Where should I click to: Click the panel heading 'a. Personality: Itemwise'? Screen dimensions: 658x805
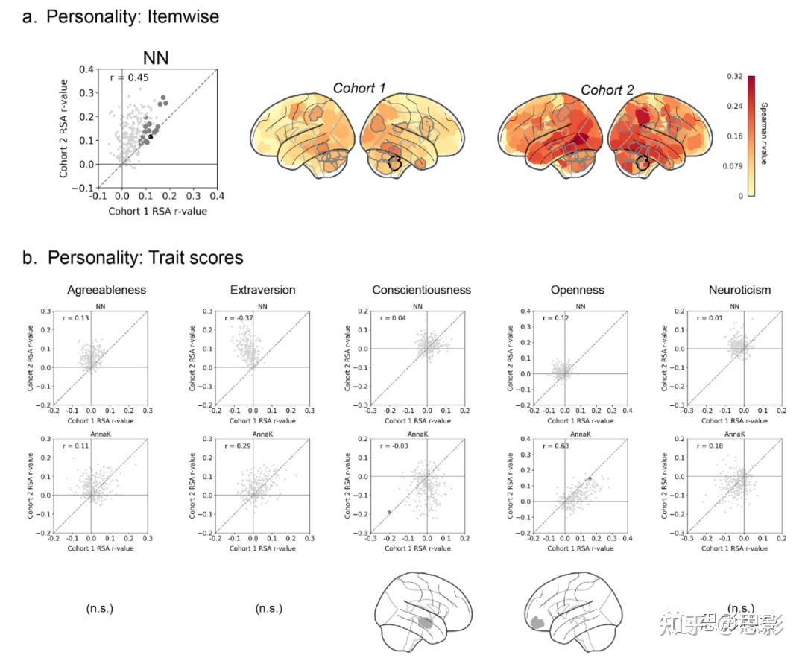coord(121,17)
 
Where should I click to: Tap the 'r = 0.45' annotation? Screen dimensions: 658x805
coord(130,77)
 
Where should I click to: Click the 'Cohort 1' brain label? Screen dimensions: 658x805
coord(359,89)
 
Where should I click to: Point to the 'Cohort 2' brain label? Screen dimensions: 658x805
coord(607,89)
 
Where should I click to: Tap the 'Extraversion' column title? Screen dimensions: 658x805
coord(262,290)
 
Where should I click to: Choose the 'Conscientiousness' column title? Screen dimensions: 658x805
coord(421,290)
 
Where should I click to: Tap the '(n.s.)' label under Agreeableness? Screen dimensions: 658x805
coord(100,609)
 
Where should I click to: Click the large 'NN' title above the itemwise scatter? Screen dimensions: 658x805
coord(157,58)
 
